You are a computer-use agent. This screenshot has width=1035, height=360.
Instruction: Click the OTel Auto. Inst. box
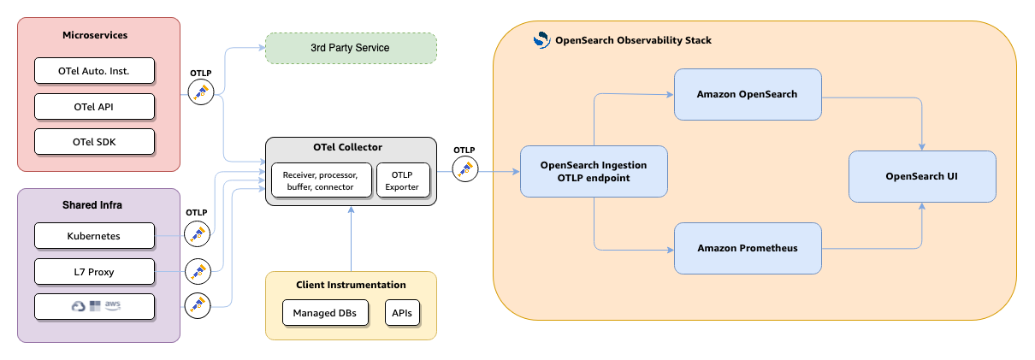[x=94, y=70]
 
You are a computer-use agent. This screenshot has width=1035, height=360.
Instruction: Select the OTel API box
[x=94, y=106]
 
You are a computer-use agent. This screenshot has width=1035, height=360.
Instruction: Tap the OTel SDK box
[x=94, y=141]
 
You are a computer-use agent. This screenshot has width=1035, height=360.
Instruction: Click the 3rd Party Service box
[x=351, y=48]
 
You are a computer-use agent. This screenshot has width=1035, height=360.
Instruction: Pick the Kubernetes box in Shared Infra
[x=94, y=235]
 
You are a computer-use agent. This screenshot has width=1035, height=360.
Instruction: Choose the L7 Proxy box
[x=94, y=272]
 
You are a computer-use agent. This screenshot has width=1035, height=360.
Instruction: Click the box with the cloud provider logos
[x=94, y=306]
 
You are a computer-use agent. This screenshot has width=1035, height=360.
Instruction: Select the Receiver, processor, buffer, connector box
[x=320, y=180]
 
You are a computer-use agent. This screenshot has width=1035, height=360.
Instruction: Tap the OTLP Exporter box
[x=403, y=180]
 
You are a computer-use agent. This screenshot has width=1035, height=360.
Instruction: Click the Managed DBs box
[x=325, y=314]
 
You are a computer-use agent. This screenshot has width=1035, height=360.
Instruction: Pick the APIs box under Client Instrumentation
[x=402, y=314]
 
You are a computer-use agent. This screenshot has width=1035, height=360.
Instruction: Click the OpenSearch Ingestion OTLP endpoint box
[x=594, y=171]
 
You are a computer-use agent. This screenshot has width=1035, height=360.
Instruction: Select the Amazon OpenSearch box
[x=747, y=94]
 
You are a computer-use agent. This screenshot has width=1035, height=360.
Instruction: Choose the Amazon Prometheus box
[x=747, y=248]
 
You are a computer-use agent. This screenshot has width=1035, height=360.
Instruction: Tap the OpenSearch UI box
[x=922, y=176]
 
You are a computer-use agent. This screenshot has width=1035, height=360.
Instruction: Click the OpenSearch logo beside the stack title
[x=541, y=39]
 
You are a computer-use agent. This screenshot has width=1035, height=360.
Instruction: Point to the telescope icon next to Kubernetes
[x=198, y=233]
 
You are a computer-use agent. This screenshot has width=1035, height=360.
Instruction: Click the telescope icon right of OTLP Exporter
[x=465, y=168]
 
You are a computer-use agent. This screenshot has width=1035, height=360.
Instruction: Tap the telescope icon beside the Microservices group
[x=200, y=92]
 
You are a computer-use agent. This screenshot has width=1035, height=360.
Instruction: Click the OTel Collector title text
[x=351, y=148]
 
